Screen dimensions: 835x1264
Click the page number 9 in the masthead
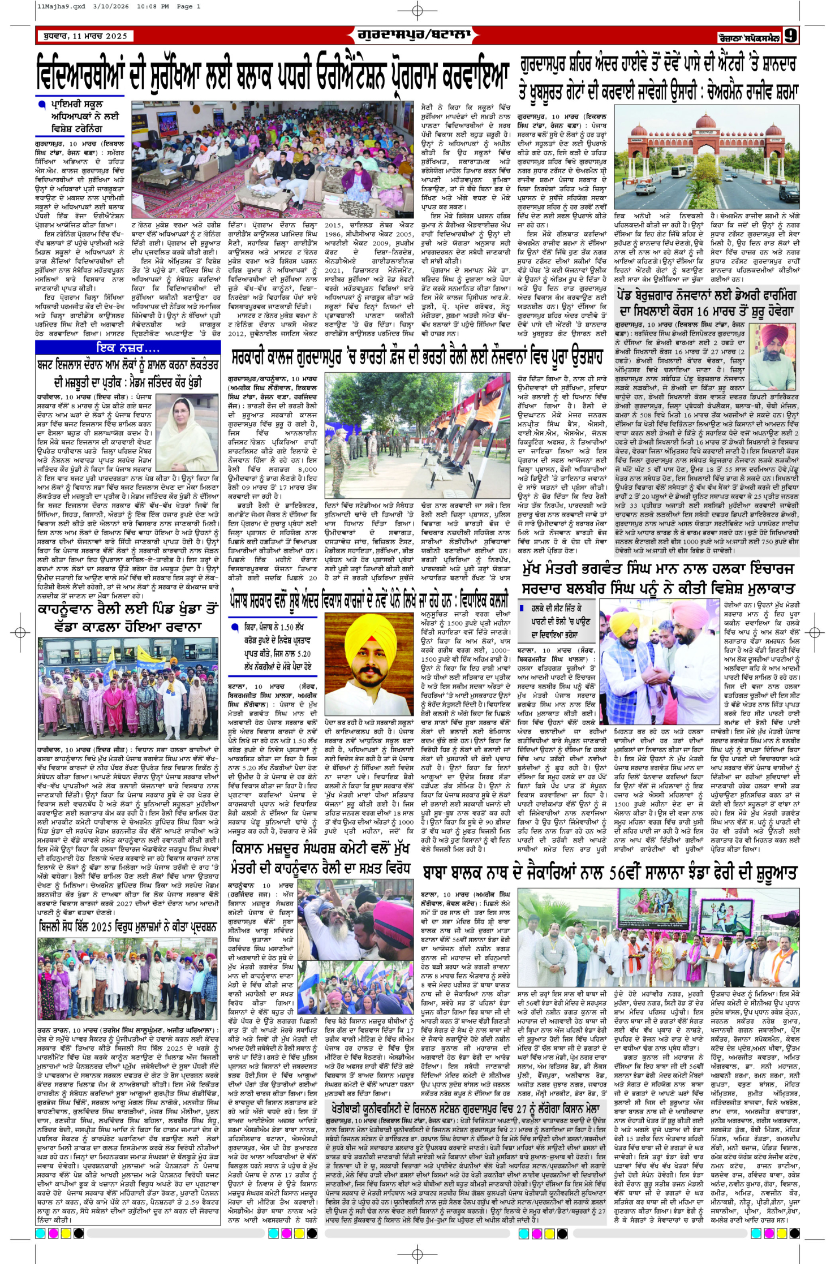(790, 36)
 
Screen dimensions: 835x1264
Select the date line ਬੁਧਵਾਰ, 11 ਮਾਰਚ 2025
(85, 36)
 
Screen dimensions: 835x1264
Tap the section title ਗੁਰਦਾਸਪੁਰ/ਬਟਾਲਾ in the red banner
(414, 35)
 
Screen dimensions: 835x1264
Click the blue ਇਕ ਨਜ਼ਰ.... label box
(128, 347)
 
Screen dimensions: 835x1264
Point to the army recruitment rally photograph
(418, 436)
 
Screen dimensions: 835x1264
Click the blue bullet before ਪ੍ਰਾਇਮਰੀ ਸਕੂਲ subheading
(41, 104)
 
